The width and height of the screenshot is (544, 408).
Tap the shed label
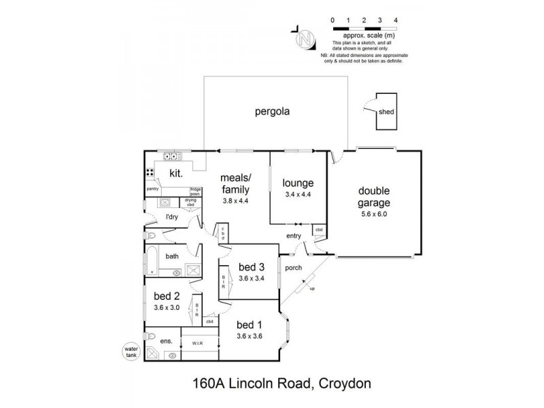pyautogui.click(x=386, y=112)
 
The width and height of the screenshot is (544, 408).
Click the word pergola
pyautogui.click(x=272, y=112)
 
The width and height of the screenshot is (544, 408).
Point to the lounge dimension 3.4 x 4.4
pyautogui.click(x=299, y=194)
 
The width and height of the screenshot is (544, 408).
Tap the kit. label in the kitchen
pyautogui.click(x=175, y=173)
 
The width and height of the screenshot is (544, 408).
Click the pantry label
pyautogui.click(x=153, y=189)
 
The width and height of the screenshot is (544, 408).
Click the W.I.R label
pyautogui.click(x=200, y=343)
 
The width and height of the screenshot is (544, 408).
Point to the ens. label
pyautogui.click(x=167, y=340)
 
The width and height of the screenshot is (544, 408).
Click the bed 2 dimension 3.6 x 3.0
pyautogui.click(x=167, y=307)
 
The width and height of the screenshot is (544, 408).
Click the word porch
pyautogui.click(x=294, y=267)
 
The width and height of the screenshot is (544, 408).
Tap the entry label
pyautogui.click(x=294, y=235)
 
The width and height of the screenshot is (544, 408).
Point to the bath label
pyautogui.click(x=172, y=256)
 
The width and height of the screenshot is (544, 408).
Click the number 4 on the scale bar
pyautogui.click(x=396, y=20)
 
